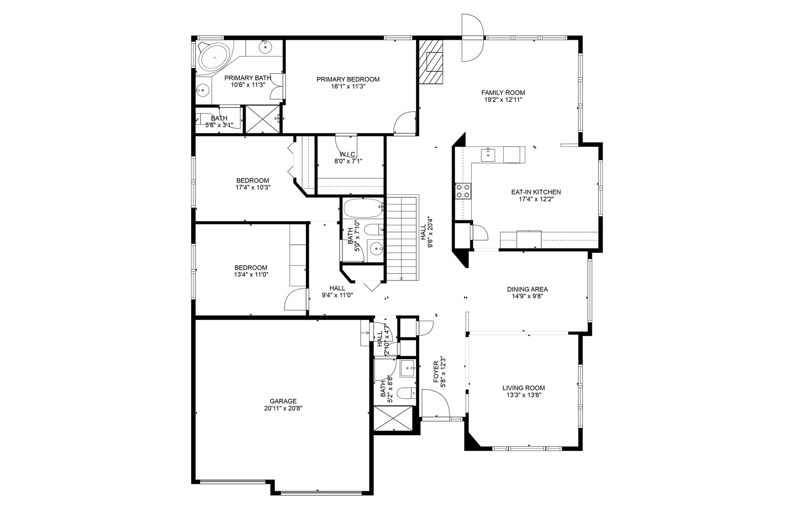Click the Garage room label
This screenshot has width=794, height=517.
283,401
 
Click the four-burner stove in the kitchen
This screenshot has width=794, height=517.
463,191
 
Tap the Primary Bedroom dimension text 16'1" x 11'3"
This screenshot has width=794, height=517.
348,87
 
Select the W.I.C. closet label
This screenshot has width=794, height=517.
348,154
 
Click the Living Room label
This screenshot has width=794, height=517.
523,388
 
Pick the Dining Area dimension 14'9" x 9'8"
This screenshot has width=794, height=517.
527,296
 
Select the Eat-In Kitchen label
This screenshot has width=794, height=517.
536,192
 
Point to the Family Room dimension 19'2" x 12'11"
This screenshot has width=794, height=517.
503,100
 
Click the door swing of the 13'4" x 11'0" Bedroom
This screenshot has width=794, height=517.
295,300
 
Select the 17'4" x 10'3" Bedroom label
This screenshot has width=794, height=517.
252,180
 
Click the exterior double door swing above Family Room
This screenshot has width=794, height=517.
472,37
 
